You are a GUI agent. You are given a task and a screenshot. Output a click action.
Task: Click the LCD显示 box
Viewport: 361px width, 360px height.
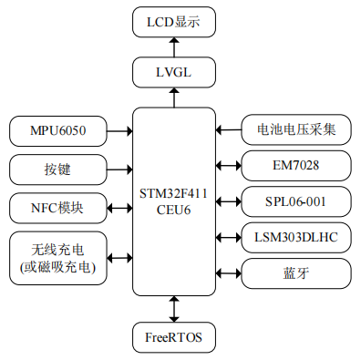click(174, 22)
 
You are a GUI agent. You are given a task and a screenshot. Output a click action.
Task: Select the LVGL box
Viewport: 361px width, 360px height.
click(174, 72)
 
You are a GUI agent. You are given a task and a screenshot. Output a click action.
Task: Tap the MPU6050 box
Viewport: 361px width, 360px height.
click(58, 131)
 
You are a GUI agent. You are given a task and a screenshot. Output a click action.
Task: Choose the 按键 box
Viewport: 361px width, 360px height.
click(58, 170)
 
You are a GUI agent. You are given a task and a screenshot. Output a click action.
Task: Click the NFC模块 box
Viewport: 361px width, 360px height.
click(58, 208)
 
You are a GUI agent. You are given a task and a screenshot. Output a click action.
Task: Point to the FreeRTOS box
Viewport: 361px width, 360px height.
click(174, 337)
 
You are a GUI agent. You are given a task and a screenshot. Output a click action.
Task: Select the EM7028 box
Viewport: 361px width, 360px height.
click(296, 166)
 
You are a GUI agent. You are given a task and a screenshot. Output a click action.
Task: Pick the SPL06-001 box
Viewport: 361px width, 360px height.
click(296, 201)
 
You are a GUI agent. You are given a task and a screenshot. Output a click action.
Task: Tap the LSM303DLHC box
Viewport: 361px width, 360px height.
click(296, 237)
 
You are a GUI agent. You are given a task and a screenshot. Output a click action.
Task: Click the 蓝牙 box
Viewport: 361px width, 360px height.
click(296, 273)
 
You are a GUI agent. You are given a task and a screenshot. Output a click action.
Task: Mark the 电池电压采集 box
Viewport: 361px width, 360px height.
click(296, 129)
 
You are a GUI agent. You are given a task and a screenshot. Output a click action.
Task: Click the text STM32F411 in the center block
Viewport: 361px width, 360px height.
click(173, 193)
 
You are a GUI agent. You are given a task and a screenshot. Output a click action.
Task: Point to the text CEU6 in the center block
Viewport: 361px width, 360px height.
click(173, 210)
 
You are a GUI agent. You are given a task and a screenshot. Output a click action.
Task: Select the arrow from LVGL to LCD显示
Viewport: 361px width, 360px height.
click(174, 47)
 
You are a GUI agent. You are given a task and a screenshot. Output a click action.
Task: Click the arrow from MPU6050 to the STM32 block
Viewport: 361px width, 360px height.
click(119, 131)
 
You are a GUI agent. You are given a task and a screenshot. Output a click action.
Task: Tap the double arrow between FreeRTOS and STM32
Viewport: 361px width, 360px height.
click(174, 309)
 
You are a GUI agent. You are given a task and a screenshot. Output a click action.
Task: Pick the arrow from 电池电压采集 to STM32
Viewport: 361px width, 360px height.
click(229, 130)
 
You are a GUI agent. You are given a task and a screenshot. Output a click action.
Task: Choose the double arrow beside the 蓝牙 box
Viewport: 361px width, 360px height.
click(229, 273)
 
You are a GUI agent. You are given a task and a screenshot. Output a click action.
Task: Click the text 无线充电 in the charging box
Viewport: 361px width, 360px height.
click(57, 250)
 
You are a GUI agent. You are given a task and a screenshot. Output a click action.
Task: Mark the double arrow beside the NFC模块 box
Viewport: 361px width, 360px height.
click(119, 209)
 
